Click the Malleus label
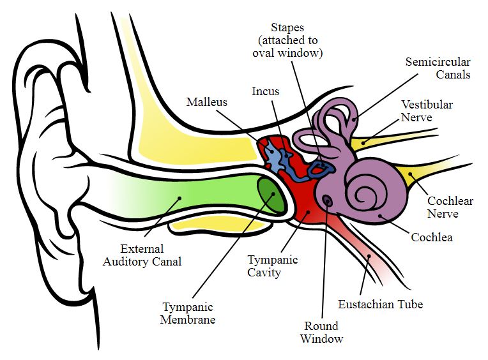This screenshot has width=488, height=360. (x=206, y=102)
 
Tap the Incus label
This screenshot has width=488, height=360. (x=265, y=91)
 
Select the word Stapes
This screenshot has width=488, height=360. (x=287, y=27)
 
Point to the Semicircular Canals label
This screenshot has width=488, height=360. (x=438, y=68)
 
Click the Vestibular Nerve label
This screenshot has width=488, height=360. (x=427, y=111)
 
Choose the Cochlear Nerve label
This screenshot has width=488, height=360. (x=450, y=207)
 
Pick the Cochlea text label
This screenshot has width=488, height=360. (x=432, y=238)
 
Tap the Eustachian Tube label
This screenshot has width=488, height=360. (x=380, y=304)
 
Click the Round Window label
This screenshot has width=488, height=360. (x=322, y=333)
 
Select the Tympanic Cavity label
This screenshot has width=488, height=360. (x=272, y=266)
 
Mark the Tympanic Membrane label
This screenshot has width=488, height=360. (x=188, y=313)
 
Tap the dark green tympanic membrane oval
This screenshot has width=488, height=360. (x=271, y=195)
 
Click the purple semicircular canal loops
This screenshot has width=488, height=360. (x=335, y=124)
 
